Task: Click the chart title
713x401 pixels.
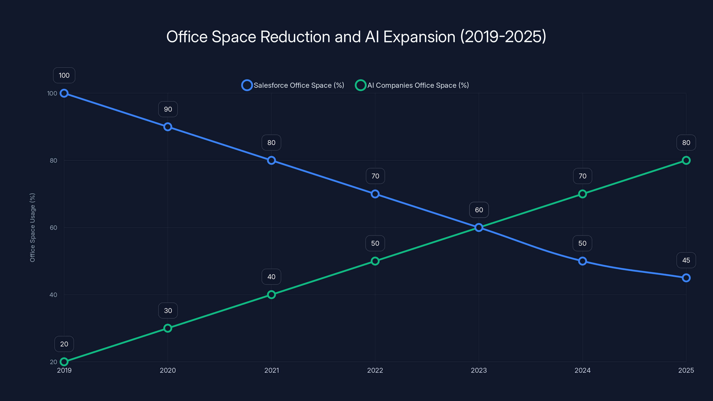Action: [x=356, y=37]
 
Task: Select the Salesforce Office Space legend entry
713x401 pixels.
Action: [x=293, y=85]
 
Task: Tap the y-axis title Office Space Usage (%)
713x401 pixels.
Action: [x=32, y=227]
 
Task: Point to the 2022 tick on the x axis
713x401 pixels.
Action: [x=375, y=370]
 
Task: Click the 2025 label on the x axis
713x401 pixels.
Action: [x=686, y=370]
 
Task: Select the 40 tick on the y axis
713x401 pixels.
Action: [x=53, y=295]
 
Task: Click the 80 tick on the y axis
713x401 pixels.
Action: [x=53, y=160]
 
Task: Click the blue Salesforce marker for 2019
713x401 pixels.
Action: [x=64, y=93]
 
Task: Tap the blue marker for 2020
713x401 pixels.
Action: [x=168, y=127]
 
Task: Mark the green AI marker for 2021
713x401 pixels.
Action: [x=271, y=295]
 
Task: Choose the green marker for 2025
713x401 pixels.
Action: [x=686, y=160]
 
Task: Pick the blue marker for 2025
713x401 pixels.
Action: [x=686, y=278]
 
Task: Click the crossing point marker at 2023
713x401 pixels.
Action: [x=479, y=227]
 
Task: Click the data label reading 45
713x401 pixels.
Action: [x=686, y=260]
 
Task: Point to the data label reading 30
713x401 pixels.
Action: [x=168, y=311]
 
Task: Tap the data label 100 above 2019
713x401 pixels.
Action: [x=64, y=75]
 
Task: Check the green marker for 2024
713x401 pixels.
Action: [x=582, y=194]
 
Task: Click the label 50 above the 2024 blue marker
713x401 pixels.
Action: [x=582, y=243]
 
